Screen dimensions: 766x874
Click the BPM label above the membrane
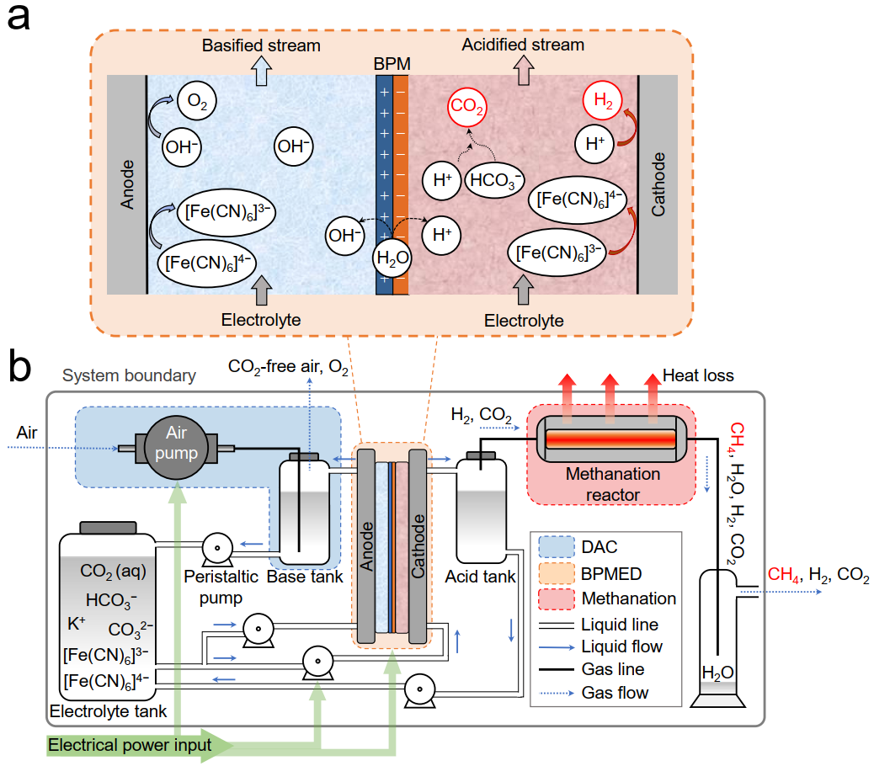click(x=394, y=64)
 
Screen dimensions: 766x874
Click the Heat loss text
click(x=699, y=376)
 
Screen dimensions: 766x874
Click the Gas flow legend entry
click(x=615, y=693)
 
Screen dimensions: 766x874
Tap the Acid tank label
click(x=481, y=577)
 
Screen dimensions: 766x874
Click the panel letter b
click(x=20, y=366)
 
